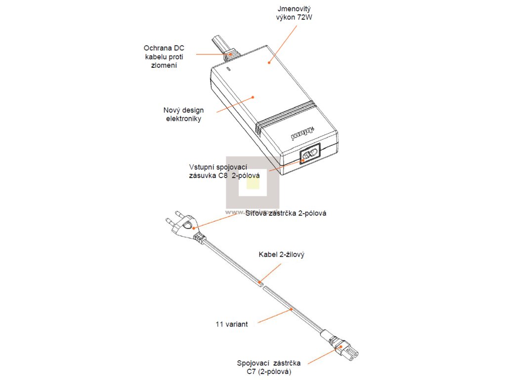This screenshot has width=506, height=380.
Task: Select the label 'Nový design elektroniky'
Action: click(183, 114)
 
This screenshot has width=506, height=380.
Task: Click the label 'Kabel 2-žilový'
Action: click(281, 255)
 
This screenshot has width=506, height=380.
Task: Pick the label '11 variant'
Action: click(232, 325)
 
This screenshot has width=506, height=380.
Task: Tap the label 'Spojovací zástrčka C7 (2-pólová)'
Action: click(268, 367)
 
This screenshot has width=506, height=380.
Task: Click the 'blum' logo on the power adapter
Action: click(295, 133)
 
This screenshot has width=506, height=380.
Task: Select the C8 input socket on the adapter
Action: click(309, 155)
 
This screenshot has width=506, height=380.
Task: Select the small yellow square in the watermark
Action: click(253, 185)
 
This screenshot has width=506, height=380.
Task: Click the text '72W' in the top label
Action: click(305, 18)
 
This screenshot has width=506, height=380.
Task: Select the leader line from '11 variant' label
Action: click(275, 315)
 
